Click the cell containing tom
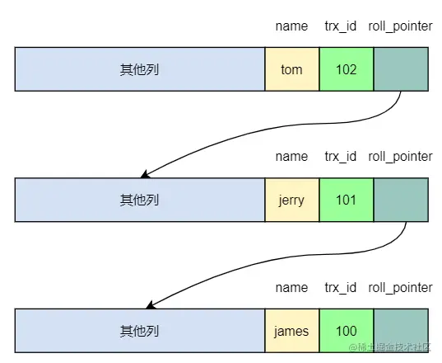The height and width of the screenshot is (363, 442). click(292, 69)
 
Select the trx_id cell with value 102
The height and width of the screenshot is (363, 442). click(347, 69)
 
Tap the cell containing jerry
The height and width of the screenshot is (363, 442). click(292, 200)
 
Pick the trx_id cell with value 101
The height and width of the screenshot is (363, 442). click(347, 200)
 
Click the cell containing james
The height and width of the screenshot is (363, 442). click(292, 331)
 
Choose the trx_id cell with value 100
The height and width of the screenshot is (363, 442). click(347, 331)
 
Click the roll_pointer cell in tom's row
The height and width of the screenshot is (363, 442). click(401, 69)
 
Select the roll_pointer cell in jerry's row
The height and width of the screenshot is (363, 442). click(401, 200)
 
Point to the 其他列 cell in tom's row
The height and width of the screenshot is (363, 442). click(140, 69)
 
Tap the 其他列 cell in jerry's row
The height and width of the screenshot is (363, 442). click(140, 200)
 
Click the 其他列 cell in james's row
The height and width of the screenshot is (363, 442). click(140, 331)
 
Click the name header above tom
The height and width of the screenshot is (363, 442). click(291, 26)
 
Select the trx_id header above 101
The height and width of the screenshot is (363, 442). click(341, 157)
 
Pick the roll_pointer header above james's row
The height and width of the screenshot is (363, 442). click(400, 288)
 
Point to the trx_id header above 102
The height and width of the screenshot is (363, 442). click(341, 26)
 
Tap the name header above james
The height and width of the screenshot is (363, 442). click(291, 288)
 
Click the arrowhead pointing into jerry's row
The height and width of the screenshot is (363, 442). click(144, 175)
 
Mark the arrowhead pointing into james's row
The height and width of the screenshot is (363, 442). click(150, 305)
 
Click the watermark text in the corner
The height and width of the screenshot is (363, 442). click(390, 347)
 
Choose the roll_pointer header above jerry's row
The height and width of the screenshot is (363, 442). click(400, 157)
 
